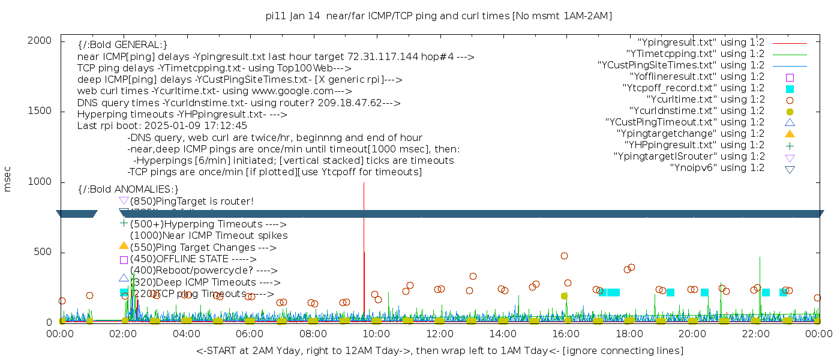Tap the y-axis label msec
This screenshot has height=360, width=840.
coord(8,179)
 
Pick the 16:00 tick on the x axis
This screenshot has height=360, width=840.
coord(565,334)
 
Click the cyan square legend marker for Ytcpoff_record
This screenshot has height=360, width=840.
coord(790,89)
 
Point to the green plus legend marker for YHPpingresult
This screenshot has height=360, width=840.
coord(790,146)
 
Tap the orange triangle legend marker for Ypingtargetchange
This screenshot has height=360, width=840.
coord(790,134)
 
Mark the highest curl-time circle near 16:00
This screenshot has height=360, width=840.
coord(564,256)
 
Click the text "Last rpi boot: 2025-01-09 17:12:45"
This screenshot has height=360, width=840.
coord(162,126)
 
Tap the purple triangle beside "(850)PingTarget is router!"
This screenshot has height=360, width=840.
coord(124,200)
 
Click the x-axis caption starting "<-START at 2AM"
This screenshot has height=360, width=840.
coord(439,350)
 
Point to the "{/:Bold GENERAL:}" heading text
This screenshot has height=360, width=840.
coord(122,45)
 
